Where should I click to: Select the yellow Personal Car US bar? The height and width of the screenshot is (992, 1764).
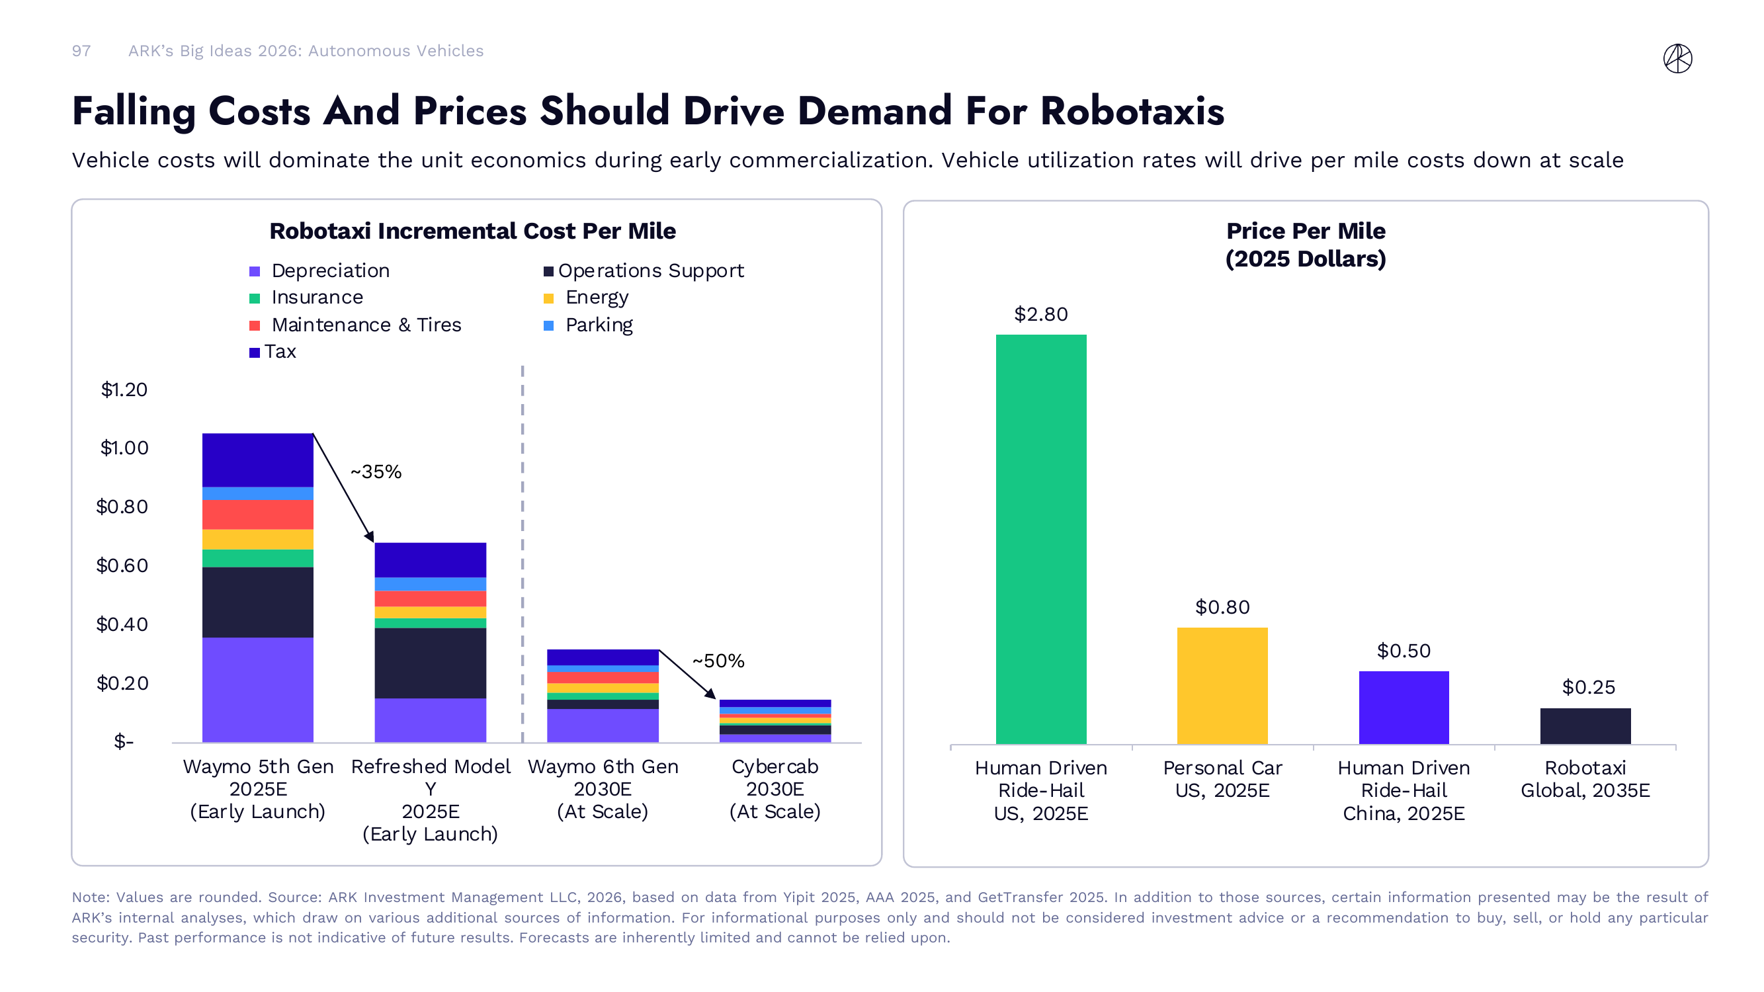point(1222,685)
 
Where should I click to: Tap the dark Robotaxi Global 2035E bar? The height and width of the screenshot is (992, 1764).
point(1585,725)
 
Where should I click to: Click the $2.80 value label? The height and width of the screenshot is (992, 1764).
point(1041,314)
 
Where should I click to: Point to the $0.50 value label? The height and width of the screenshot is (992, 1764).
point(1404,650)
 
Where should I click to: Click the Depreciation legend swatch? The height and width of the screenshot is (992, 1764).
point(255,272)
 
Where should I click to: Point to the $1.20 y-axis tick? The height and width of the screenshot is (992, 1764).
point(124,390)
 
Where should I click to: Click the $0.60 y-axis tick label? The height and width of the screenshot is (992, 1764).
point(122,565)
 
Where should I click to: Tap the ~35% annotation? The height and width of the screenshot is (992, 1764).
point(376,472)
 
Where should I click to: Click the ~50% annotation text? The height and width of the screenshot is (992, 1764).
point(718,661)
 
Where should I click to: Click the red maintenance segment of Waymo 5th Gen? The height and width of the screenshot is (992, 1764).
point(258,514)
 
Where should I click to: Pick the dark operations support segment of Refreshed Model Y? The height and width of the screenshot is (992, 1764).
point(430,663)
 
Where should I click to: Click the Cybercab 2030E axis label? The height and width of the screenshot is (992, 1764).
point(775,789)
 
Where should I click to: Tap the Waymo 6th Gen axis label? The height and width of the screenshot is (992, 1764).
point(603,789)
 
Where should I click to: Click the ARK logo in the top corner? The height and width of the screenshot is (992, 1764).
point(1677,58)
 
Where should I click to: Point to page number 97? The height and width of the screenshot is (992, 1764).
point(81,52)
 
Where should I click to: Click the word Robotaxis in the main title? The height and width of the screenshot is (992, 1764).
point(1132,111)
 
